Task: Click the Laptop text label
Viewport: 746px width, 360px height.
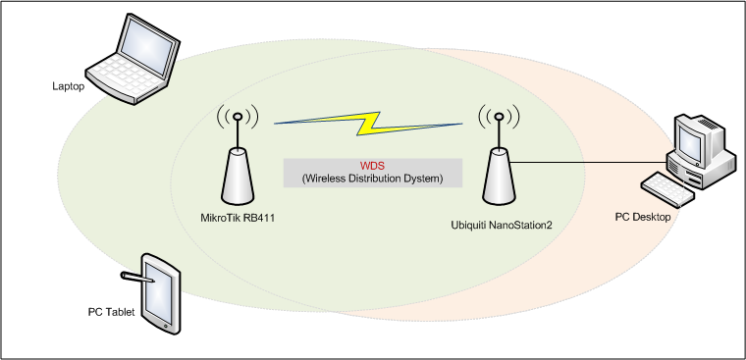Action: tap(69, 86)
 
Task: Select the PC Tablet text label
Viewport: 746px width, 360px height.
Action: tap(111, 313)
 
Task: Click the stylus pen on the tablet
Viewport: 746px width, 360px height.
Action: tap(137, 278)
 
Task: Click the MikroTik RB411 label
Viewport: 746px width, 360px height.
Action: tap(238, 219)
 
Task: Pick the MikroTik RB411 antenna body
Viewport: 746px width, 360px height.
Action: tap(238, 177)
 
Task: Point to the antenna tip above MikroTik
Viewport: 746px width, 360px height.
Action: tap(238, 116)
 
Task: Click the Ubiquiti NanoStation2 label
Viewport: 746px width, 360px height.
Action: tap(502, 225)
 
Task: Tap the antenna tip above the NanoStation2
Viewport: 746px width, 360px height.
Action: tap(499, 116)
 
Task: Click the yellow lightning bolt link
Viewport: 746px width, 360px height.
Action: tap(368, 124)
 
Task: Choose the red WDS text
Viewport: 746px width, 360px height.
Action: tap(372, 167)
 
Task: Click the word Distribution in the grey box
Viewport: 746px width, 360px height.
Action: tap(382, 179)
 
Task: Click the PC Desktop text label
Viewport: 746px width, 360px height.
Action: tap(643, 218)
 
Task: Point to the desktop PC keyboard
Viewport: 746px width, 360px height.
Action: tap(667, 188)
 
